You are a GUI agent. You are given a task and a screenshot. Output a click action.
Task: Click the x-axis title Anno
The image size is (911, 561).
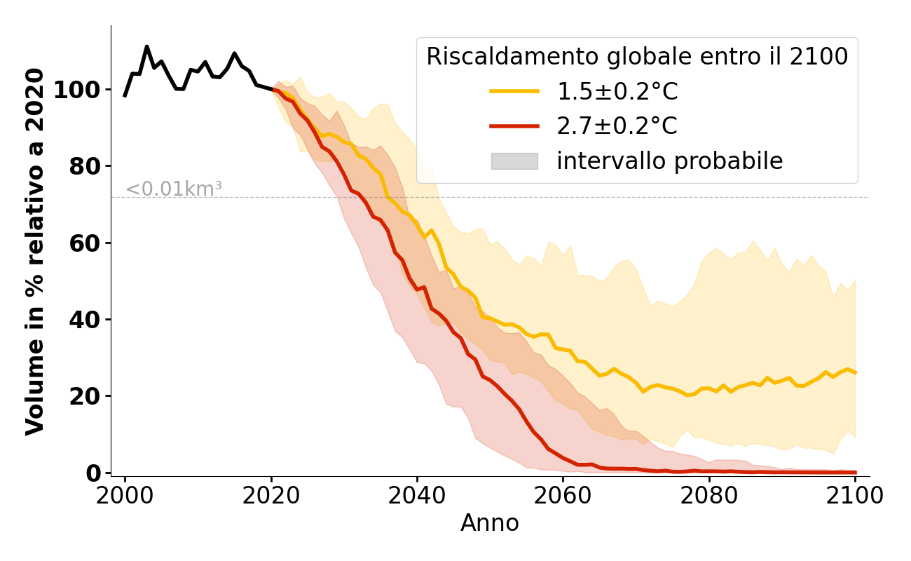pyautogui.click(x=490, y=523)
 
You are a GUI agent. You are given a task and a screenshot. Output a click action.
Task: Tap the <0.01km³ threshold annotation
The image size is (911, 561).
pyautogui.click(x=174, y=189)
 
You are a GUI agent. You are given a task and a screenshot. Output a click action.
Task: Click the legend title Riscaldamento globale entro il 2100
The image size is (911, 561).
pyautogui.click(x=637, y=57)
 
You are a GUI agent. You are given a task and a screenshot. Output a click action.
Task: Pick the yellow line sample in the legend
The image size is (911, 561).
pyautogui.click(x=514, y=91)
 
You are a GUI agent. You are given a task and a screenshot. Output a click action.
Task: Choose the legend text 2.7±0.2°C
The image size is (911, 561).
pyautogui.click(x=617, y=126)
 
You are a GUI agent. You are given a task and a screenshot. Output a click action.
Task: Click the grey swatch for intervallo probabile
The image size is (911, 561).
pyautogui.click(x=514, y=161)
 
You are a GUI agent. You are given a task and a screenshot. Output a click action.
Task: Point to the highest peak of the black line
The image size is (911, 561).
pyautogui.click(x=146, y=47)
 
